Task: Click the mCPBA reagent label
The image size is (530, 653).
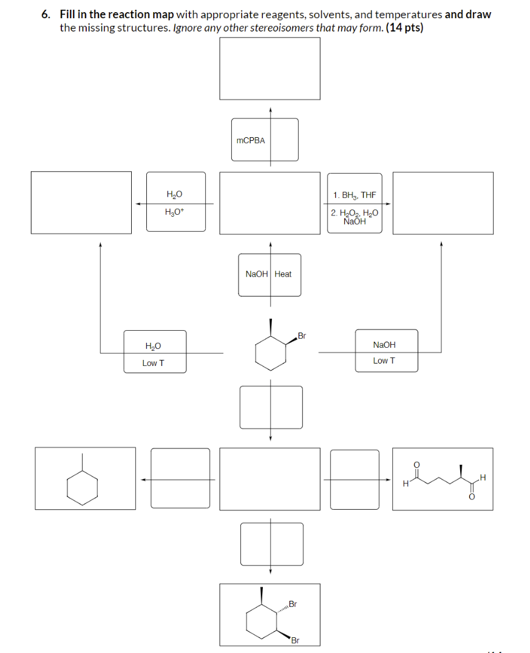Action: click(x=250, y=140)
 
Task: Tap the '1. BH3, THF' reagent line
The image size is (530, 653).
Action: click(x=355, y=195)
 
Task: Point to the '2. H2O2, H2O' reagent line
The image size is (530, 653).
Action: click(x=355, y=213)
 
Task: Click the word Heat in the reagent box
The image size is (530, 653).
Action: click(x=283, y=274)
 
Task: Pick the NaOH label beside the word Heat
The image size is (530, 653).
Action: click(x=256, y=274)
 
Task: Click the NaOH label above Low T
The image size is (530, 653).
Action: click(x=384, y=345)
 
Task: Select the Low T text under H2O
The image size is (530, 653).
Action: click(x=153, y=363)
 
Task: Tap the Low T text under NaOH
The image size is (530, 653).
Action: click(x=384, y=360)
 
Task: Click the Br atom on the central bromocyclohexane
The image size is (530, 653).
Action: click(x=302, y=336)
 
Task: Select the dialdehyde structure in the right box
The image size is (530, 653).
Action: click(x=443, y=479)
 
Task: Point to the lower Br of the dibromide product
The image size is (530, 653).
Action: click(x=295, y=640)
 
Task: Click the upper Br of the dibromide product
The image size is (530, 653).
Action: click(x=293, y=604)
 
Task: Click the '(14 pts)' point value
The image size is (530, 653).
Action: click(x=404, y=28)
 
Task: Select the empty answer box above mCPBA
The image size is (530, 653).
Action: click(x=270, y=69)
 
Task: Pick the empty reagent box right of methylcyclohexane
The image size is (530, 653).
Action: click(x=180, y=478)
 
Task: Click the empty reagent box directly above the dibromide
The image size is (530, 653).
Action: click(x=271, y=543)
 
